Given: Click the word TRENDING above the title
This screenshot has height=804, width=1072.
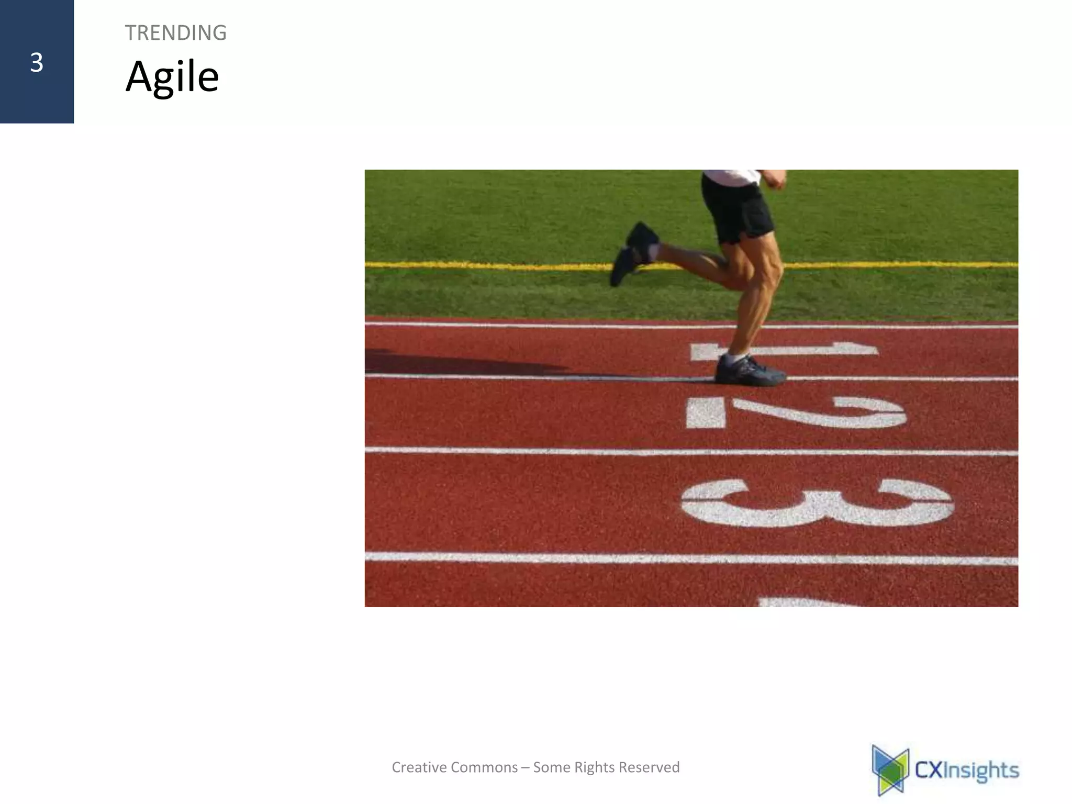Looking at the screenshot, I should (175, 33).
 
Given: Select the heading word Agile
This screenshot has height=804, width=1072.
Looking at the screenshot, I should (172, 77).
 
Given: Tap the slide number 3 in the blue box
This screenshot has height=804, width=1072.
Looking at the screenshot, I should (36, 63).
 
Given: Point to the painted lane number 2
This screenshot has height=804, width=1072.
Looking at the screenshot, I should (796, 412).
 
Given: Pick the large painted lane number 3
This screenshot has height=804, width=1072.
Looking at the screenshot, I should (817, 502).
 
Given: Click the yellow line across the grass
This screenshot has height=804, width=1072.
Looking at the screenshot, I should (471, 265).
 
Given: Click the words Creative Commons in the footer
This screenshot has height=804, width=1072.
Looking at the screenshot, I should (454, 767).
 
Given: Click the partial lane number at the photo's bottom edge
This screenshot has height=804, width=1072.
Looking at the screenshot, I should (806, 602).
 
